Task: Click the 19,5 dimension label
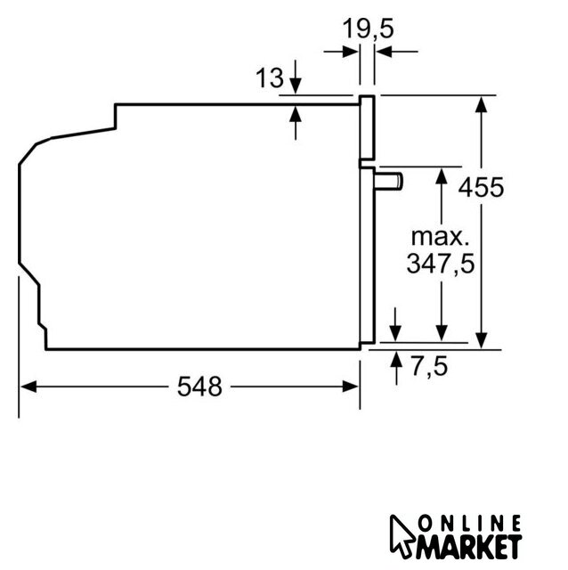(368, 29)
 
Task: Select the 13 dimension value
(269, 77)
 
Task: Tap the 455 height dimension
(481, 188)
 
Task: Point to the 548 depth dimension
(199, 387)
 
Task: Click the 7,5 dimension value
(429, 366)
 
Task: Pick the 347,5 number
(441, 264)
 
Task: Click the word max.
(440, 237)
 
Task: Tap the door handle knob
(388, 182)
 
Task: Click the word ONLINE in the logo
(469, 524)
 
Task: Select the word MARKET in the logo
(469, 546)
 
